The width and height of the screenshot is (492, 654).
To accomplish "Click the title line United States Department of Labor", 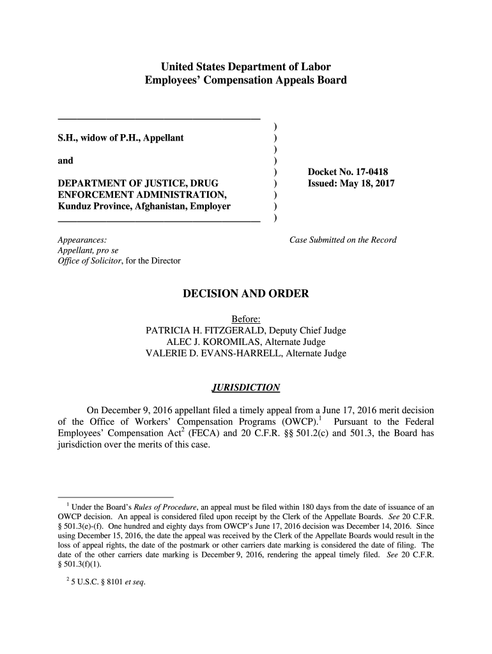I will click(246, 66).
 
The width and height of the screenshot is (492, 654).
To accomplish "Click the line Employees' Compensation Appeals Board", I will click(246, 80).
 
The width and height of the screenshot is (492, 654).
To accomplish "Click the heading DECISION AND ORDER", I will click(246, 294).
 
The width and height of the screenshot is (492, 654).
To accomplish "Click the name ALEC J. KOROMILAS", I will click(206, 342).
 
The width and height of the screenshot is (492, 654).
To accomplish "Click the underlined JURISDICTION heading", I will click(246, 388).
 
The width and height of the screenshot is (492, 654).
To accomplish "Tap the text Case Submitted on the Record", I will click(343, 240).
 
